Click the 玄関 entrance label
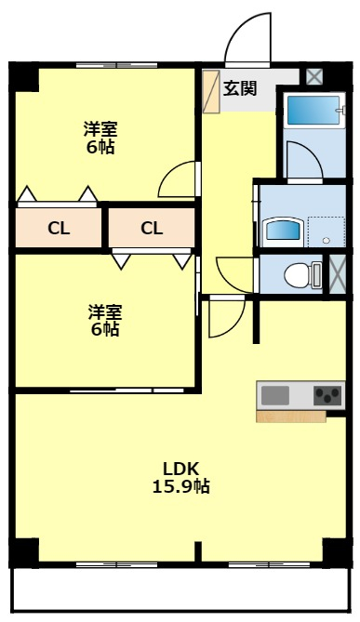point(240,88)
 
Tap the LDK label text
point(181,468)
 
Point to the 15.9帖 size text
point(181,485)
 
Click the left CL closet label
point(59,228)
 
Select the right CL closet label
point(152,228)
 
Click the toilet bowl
point(296,274)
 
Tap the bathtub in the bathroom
point(311,110)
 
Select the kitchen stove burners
point(328,395)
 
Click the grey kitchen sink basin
point(275,395)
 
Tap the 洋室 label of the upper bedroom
point(100,129)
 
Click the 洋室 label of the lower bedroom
point(104,311)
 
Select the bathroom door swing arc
point(303,161)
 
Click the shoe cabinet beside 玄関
point(211,91)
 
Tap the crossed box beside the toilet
point(339,275)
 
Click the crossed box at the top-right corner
point(314,77)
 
